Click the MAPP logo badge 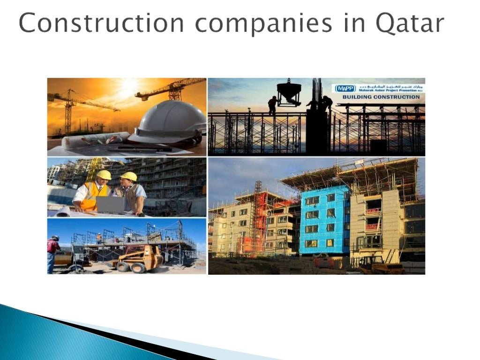[345, 88]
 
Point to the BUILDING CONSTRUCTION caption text [381, 97]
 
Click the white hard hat [169, 123]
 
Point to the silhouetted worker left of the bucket [272, 105]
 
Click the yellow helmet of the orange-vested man [104, 175]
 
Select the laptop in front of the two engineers [111, 205]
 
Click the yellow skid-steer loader [140, 259]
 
